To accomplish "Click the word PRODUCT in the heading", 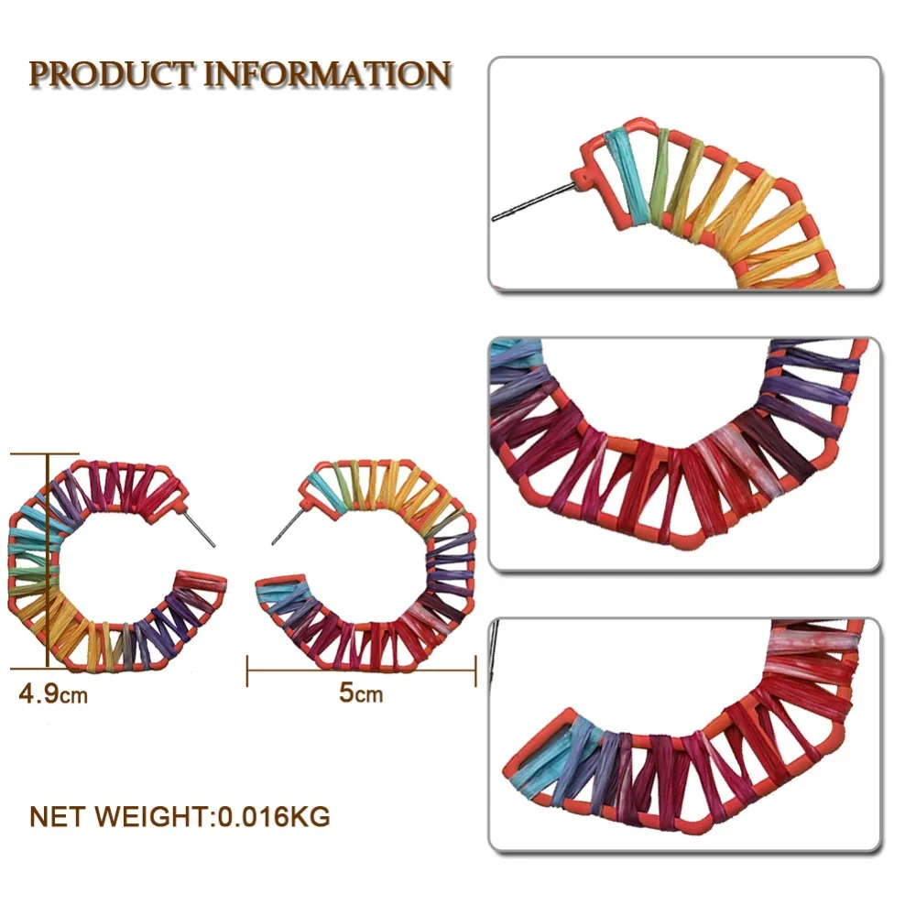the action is (x=111, y=75).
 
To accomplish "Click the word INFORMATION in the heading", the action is (x=327, y=75).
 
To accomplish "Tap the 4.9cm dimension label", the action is (x=53, y=694).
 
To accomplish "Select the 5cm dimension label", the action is (x=360, y=692).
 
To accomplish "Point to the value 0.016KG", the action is (x=273, y=816).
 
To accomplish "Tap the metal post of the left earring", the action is (x=201, y=529).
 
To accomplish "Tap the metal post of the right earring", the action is (x=288, y=527).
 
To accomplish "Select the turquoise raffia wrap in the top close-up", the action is (x=627, y=174).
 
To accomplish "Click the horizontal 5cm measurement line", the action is (x=362, y=671).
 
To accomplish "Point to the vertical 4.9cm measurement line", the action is (x=48, y=561).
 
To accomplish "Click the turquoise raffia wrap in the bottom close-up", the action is (x=536, y=759).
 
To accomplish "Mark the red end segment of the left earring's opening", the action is (x=201, y=583).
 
